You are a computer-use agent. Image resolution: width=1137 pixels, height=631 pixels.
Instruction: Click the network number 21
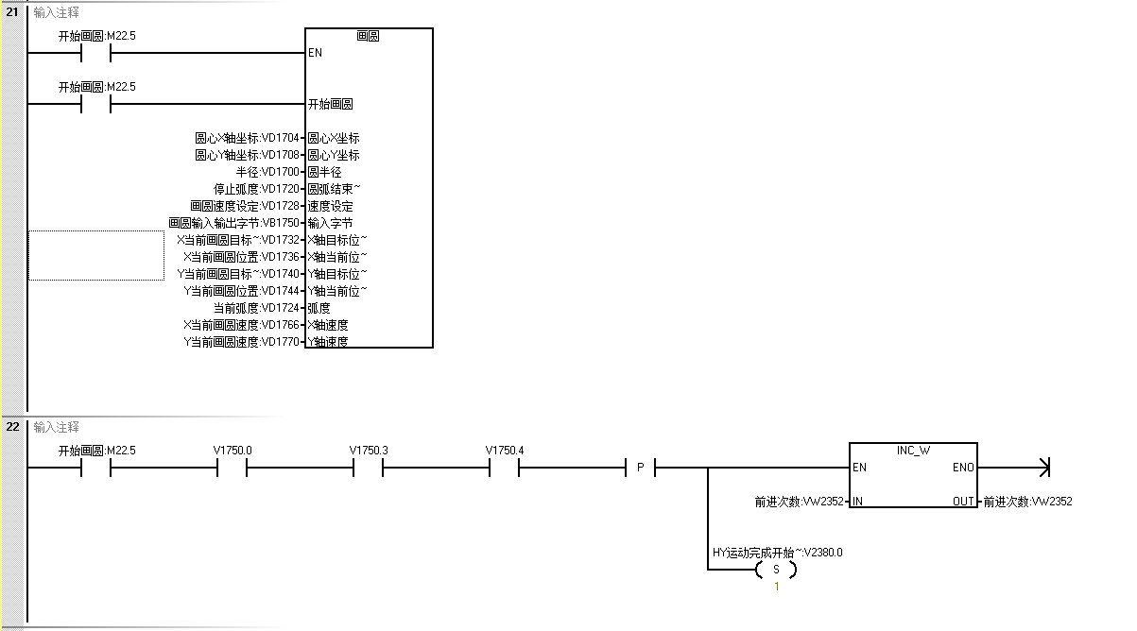[12, 12]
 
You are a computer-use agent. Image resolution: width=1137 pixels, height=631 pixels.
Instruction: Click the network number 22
[12, 426]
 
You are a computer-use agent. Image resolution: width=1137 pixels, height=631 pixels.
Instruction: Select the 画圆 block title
[368, 36]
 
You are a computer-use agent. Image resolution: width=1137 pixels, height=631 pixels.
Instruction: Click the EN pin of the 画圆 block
[316, 53]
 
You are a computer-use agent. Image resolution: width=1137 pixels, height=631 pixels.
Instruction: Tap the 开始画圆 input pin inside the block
[330, 104]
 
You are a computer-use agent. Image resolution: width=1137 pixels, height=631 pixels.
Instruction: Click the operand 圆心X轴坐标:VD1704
[247, 138]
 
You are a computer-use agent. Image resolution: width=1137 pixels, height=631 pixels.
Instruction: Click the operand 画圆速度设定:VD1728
[244, 206]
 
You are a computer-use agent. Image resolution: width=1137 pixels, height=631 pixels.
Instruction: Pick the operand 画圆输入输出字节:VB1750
[233, 223]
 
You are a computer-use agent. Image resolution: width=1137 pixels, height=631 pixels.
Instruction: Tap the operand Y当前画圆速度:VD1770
[241, 342]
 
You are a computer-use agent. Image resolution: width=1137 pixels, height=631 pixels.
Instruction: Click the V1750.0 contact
[233, 467]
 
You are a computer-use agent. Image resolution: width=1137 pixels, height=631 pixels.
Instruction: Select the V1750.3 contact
[368, 467]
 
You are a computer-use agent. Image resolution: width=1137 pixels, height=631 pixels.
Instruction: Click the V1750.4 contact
[504, 467]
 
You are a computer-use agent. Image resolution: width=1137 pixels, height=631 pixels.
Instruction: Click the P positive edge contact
[640, 467]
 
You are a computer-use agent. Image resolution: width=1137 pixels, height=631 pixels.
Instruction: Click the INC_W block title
[913, 451]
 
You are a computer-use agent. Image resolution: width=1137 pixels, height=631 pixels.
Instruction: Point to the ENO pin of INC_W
[963, 468]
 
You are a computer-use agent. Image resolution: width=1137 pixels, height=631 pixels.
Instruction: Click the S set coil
[776, 570]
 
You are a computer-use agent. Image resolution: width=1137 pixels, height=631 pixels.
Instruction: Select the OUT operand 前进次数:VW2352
[1027, 502]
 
